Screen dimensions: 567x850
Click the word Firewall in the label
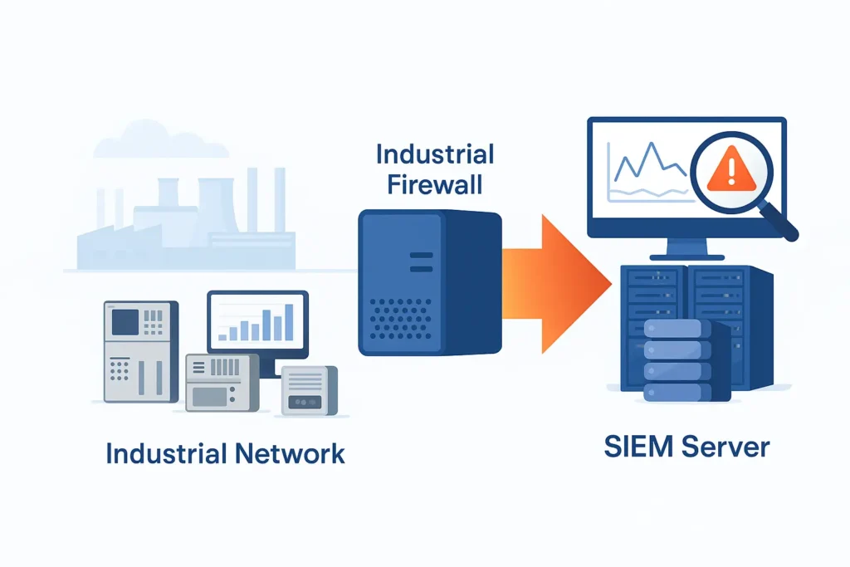[434, 184]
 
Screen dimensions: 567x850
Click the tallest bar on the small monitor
[288, 322]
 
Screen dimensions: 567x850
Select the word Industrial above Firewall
[434, 154]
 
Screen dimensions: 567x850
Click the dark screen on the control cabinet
[125, 322]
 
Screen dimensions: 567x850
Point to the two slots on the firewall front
[421, 262]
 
